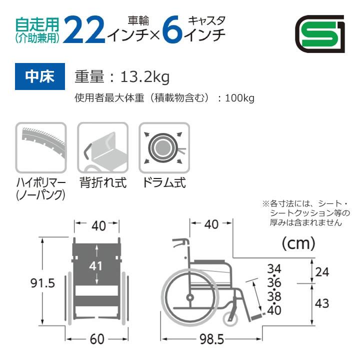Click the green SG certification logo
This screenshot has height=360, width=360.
click(x=319, y=33)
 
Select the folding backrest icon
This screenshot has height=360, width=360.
click(x=101, y=146)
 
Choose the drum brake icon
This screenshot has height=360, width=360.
click(x=162, y=146)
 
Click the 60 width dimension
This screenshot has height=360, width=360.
click(x=98, y=339)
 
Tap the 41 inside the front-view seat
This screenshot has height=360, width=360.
click(x=95, y=265)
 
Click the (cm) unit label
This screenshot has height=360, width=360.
click(x=298, y=244)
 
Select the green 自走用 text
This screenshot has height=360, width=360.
click(x=37, y=23)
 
